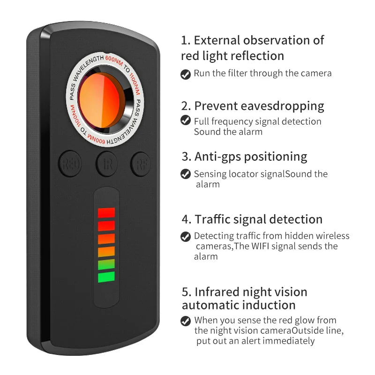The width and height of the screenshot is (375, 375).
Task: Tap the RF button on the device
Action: click(x=141, y=164)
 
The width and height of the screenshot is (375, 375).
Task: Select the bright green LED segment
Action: click(x=106, y=277)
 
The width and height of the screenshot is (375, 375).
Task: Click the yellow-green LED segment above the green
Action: click(x=106, y=264)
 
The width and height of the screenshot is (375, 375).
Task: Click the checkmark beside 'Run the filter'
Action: click(x=186, y=74)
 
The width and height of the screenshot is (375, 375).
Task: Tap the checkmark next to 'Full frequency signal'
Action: click(x=186, y=121)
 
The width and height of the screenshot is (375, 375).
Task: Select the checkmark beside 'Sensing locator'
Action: click(x=186, y=174)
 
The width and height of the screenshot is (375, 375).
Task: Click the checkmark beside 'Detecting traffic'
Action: click(x=186, y=236)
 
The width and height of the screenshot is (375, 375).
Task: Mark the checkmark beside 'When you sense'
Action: click(x=186, y=321)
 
